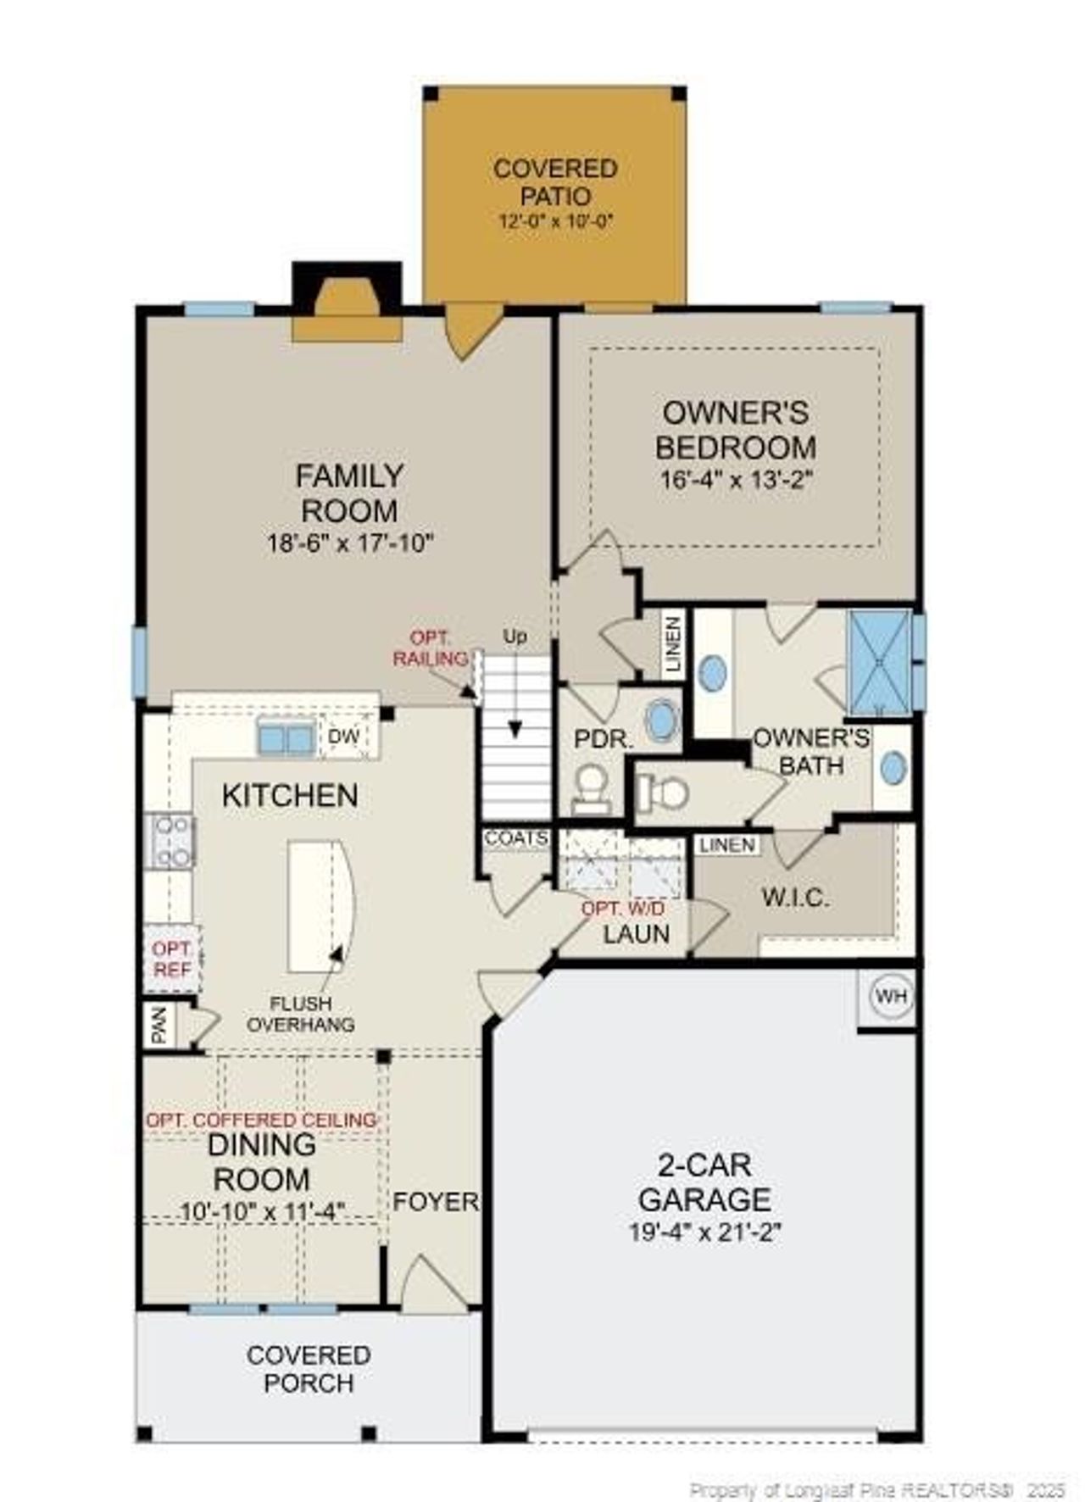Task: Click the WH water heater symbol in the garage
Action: coord(889,996)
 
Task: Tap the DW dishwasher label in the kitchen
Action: coord(343,737)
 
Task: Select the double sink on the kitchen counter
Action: coord(286,737)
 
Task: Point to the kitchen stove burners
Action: coord(171,841)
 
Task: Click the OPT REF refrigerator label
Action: coord(172,959)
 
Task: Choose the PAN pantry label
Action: coord(159,1026)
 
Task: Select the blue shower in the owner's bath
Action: coord(881,661)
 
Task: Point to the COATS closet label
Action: coord(515,838)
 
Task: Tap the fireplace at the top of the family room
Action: coord(347,303)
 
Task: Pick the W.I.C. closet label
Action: coord(794,898)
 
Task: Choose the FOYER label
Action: coord(435,1201)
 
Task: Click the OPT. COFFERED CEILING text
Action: coord(261,1120)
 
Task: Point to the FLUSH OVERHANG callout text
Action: coord(301,1014)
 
